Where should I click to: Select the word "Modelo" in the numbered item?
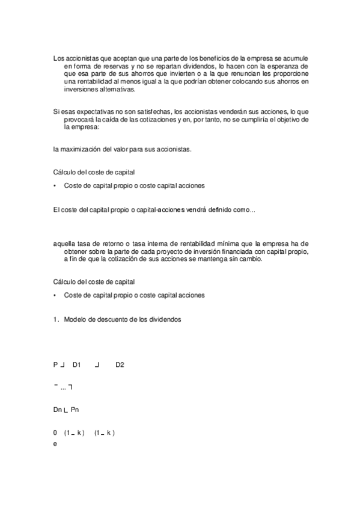click(76, 319)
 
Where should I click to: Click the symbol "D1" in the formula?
click(77, 364)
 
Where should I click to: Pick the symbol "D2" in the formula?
click(120, 364)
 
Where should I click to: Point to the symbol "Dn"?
click(58, 410)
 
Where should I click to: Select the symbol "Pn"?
click(75, 410)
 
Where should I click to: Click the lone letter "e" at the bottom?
click(55, 444)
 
